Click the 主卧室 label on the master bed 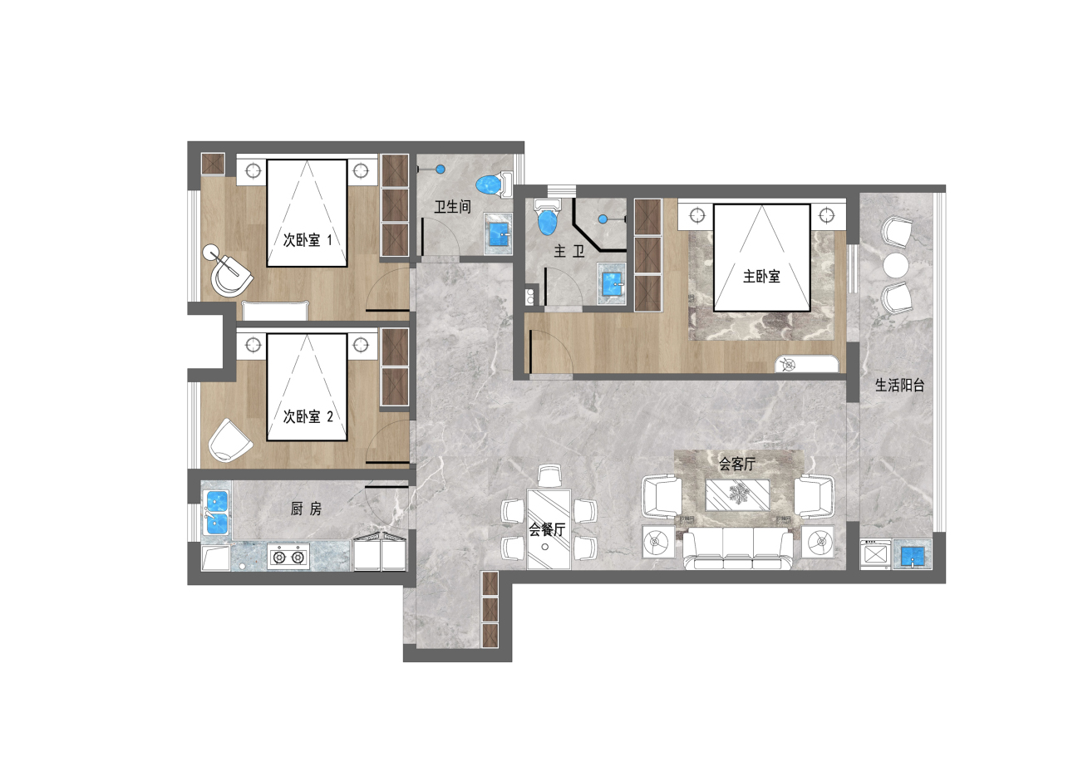pos(761,277)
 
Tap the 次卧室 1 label pos(308,240)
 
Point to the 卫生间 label pos(452,208)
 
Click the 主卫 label pos(569,251)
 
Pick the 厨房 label pos(306,509)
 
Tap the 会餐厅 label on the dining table pos(547,529)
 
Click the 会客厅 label pos(736,464)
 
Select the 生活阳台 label pos(899,385)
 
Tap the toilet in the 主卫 pos(548,217)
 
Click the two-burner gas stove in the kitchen pos(288,557)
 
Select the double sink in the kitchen pos(217,513)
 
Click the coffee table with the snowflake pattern pos(736,494)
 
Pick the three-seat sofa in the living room pos(738,548)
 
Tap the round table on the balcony pos(896,265)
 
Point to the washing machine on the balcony pos(875,554)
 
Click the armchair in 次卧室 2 pos(229,440)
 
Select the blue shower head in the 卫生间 pos(440,170)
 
